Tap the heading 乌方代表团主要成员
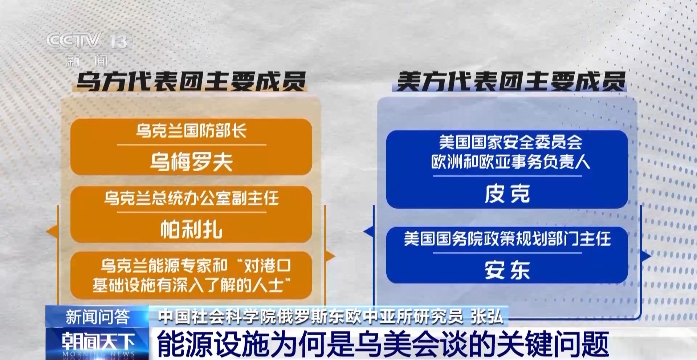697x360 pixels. pyautogui.click(x=191, y=81)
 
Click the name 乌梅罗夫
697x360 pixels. pyautogui.click(x=191, y=161)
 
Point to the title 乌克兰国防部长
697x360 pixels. pyautogui.click(x=191, y=131)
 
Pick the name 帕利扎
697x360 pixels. pyautogui.click(x=191, y=229)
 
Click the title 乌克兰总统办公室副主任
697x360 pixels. pyautogui.click(x=191, y=198)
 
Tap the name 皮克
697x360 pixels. pyautogui.click(x=507, y=194)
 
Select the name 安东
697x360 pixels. pyautogui.click(x=507, y=270)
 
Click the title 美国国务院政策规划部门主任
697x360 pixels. pyautogui.click(x=507, y=239)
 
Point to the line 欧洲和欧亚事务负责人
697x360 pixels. pyautogui.click(x=511, y=161)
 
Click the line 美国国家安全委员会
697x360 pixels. pyautogui.click(x=511, y=142)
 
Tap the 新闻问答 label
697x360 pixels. pyautogui.click(x=97, y=317)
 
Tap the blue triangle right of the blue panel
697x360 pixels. pyautogui.click(x=646, y=256)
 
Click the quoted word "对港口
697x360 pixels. pyautogui.click(x=264, y=266)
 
